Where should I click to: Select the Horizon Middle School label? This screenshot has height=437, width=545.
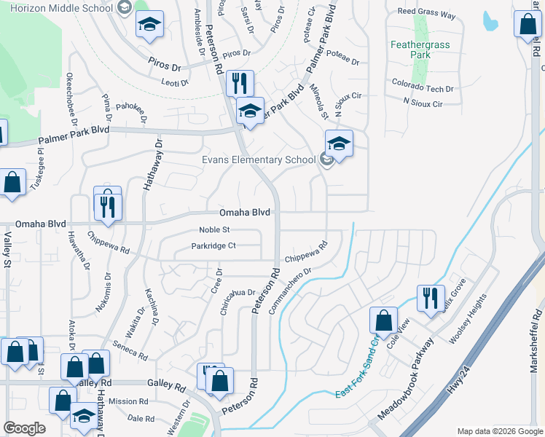[58, 7]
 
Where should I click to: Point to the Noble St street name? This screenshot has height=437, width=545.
[214, 229]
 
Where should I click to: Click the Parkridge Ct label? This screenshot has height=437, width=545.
[213, 246]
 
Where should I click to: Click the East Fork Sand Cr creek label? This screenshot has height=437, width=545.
[358, 367]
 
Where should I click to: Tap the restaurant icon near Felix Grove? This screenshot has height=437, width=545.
[430, 297]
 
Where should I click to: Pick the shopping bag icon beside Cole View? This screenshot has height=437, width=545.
[383, 320]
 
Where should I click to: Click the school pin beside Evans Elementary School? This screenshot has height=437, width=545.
[339, 143]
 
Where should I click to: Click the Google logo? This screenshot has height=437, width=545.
[25, 428]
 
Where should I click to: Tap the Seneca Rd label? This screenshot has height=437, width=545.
[132, 350]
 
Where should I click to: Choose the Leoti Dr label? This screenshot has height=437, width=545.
[175, 82]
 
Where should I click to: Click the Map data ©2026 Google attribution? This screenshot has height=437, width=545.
[499, 430]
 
